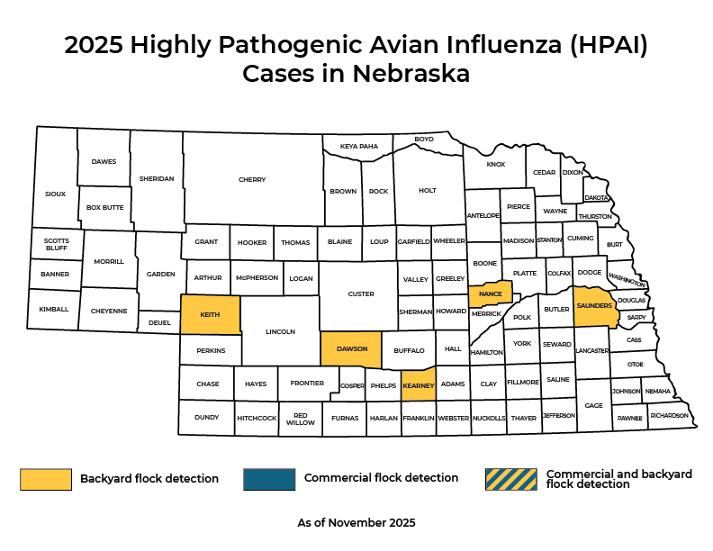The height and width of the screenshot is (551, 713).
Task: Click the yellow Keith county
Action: click(x=211, y=315)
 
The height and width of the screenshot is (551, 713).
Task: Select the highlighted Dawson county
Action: click(x=351, y=349)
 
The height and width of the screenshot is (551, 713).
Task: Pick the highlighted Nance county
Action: click(x=490, y=294)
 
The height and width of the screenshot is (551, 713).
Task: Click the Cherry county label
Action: click(x=252, y=180)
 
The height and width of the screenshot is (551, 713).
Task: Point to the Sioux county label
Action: click(x=55, y=194)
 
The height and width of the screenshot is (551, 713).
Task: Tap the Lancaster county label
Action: click(x=591, y=350)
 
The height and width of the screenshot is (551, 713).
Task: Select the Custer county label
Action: click(x=360, y=294)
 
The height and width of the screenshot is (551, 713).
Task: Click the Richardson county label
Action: click(x=669, y=416)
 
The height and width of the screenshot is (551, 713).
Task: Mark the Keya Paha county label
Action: click(x=358, y=146)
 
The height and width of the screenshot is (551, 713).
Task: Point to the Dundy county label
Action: click(x=206, y=418)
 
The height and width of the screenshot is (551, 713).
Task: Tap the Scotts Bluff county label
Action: click(x=56, y=244)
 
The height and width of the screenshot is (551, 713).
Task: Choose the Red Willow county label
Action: click(x=301, y=419)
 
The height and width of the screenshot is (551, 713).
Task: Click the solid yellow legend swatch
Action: click(x=46, y=479)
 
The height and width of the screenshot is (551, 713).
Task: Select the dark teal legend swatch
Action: click(x=269, y=479)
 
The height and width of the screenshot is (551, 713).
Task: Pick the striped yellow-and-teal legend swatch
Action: click(x=510, y=479)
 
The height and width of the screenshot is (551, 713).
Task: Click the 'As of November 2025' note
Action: click(x=356, y=522)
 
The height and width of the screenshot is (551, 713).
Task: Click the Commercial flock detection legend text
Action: click(x=381, y=478)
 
